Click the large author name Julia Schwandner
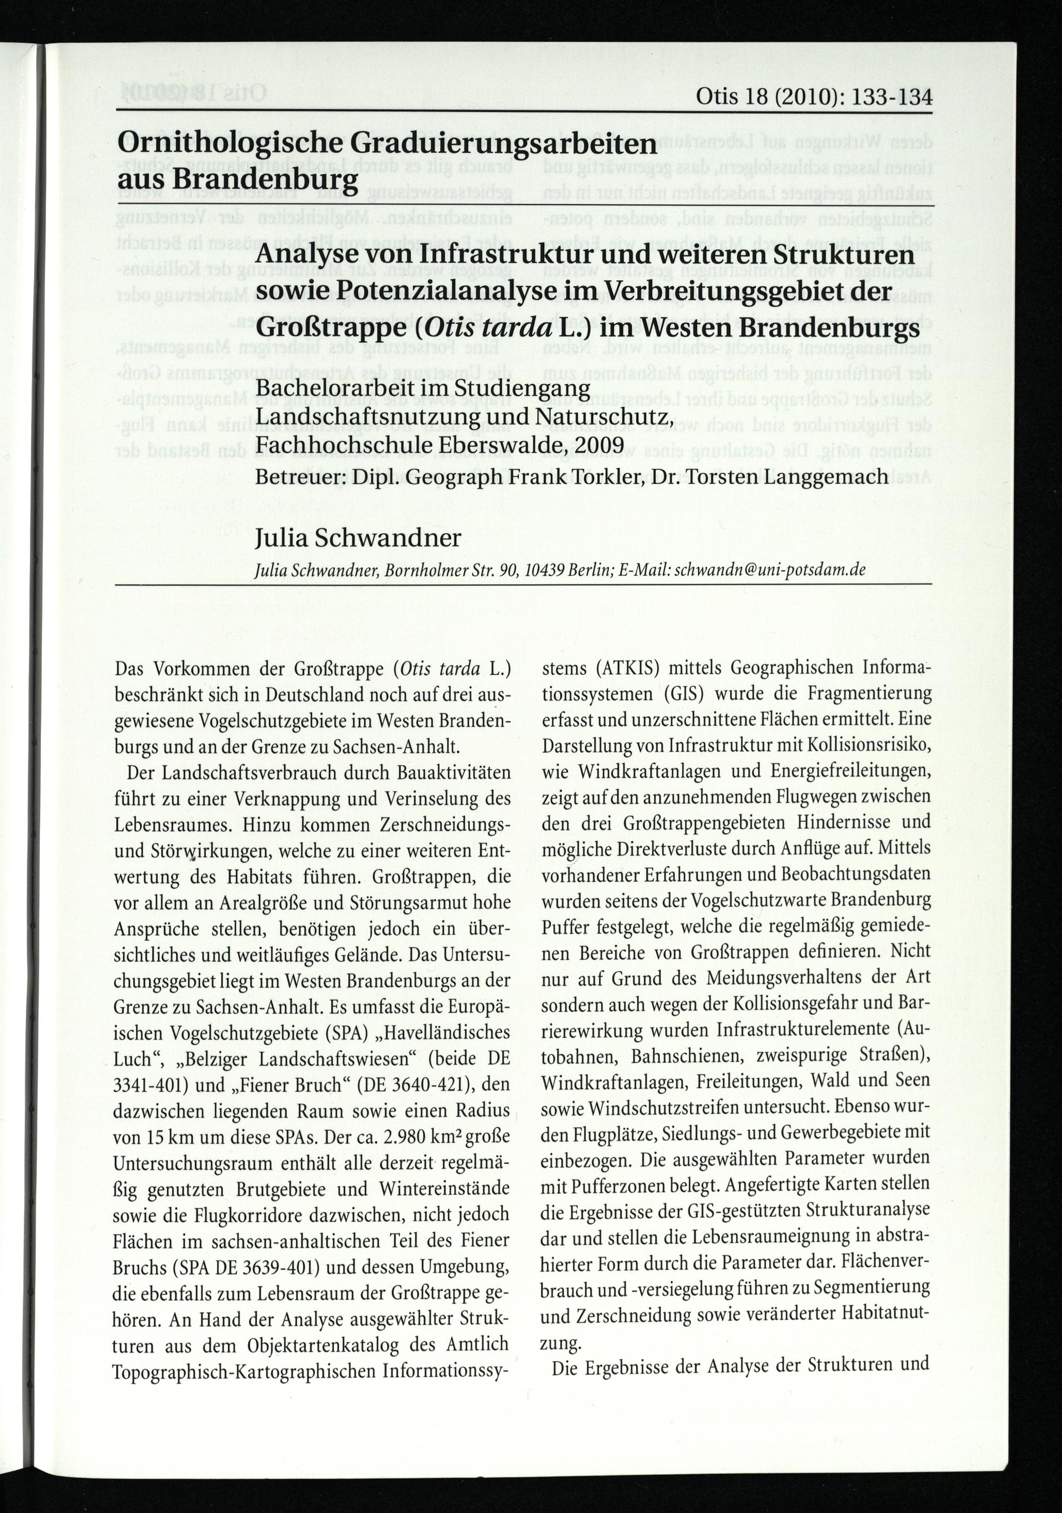pyautogui.click(x=358, y=538)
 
